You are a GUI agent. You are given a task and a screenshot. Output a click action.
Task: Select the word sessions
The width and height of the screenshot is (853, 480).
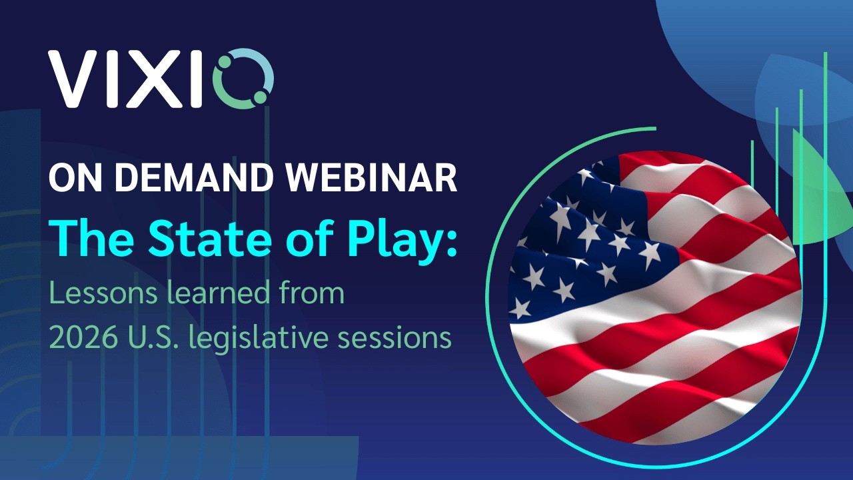point(394,337)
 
